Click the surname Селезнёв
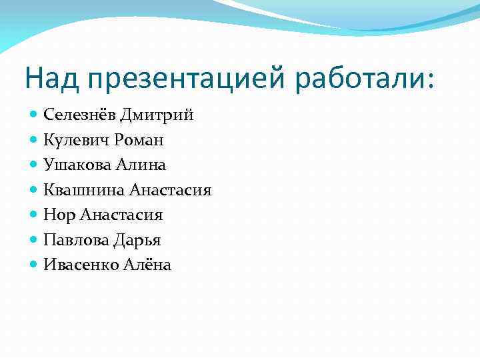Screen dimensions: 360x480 [79, 115]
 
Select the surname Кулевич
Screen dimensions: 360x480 [77, 140]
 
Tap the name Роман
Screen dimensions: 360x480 [139, 141]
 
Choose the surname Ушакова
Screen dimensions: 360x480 [77, 165]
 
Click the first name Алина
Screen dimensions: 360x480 [140, 165]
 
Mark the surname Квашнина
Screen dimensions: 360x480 [84, 190]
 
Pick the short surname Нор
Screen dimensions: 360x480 [59, 215]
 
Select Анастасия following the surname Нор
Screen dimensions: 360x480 [121, 215]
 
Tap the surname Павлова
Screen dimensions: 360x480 [76, 240]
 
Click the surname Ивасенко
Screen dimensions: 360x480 [81, 265]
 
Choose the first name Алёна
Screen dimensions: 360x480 [147, 265]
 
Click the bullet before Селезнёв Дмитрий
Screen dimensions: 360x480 [35, 115]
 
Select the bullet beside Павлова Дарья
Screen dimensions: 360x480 [35, 239]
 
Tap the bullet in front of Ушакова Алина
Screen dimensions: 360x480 [35, 165]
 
